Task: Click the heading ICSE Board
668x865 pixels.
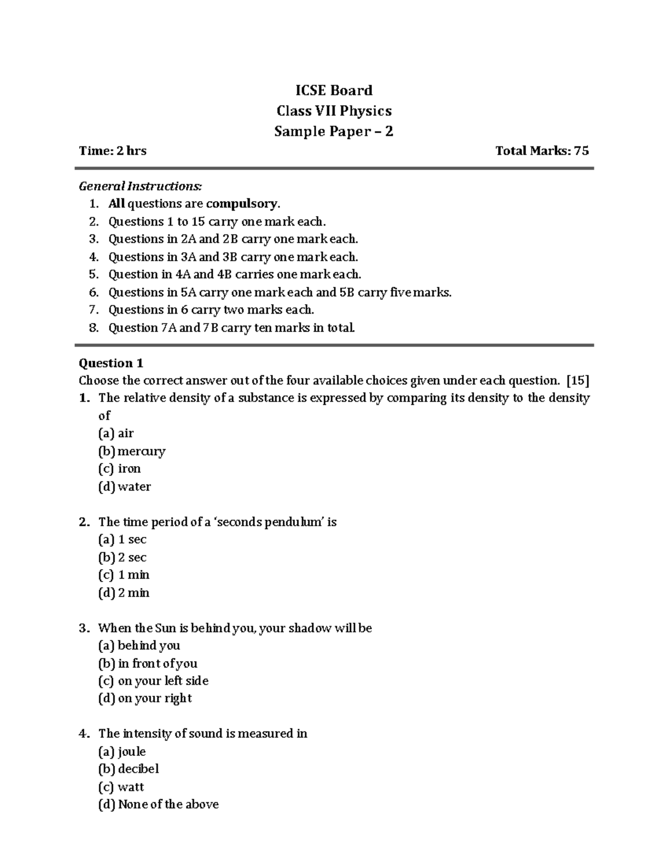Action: [x=333, y=90]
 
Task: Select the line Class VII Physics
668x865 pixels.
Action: [x=334, y=111]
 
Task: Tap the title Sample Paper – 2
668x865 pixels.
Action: [x=333, y=131]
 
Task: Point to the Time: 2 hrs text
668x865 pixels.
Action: [x=112, y=150]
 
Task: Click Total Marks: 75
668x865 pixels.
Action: [x=542, y=150]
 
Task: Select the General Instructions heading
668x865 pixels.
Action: [x=140, y=185]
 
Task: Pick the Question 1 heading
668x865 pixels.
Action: [x=111, y=363]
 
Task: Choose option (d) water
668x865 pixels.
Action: [x=125, y=486]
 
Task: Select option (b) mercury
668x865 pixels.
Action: [x=132, y=451]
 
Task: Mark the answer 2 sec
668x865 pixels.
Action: [x=123, y=557]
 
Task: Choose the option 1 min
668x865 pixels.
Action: [x=124, y=575]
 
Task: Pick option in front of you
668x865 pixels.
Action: [x=148, y=663]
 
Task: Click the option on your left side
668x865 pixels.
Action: [x=154, y=681]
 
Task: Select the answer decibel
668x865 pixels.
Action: [x=129, y=769]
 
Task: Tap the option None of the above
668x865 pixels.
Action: [x=159, y=804]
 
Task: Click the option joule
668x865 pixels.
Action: [x=122, y=751]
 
